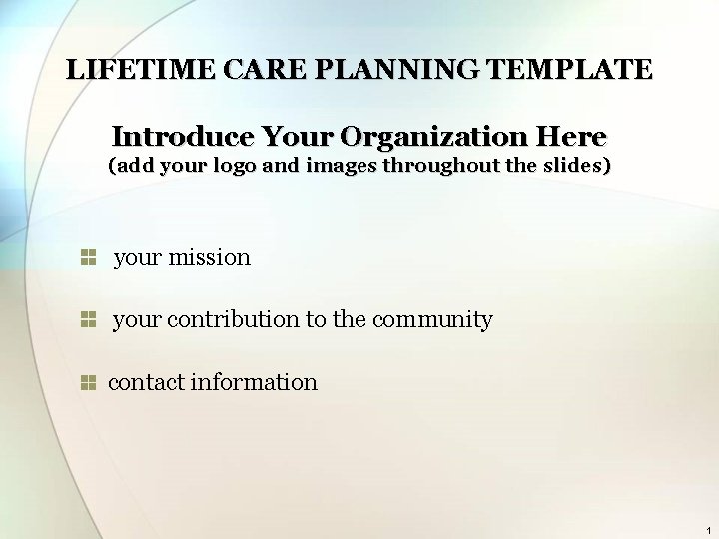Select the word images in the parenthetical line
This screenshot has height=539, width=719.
341,166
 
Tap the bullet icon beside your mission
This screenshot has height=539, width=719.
87,257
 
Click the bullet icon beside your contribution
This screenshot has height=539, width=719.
87,319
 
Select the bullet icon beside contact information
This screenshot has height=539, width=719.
87,382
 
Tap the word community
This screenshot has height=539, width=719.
432,319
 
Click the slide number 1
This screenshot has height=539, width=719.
707,529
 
